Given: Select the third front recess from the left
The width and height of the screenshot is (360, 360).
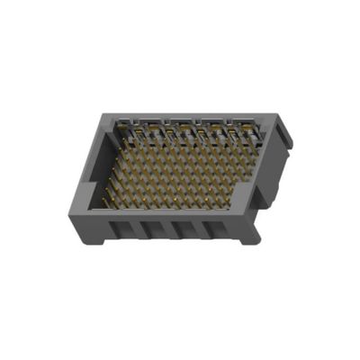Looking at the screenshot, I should click(x=184, y=230).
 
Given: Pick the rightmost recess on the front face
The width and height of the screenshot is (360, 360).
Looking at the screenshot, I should click(x=217, y=230).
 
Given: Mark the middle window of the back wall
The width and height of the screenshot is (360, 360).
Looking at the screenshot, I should click(x=186, y=132).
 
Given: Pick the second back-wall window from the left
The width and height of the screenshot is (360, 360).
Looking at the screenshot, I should click(x=157, y=132).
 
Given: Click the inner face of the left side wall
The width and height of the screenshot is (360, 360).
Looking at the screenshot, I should click(x=99, y=166).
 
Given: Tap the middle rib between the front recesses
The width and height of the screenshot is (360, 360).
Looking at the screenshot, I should click(x=167, y=229).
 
